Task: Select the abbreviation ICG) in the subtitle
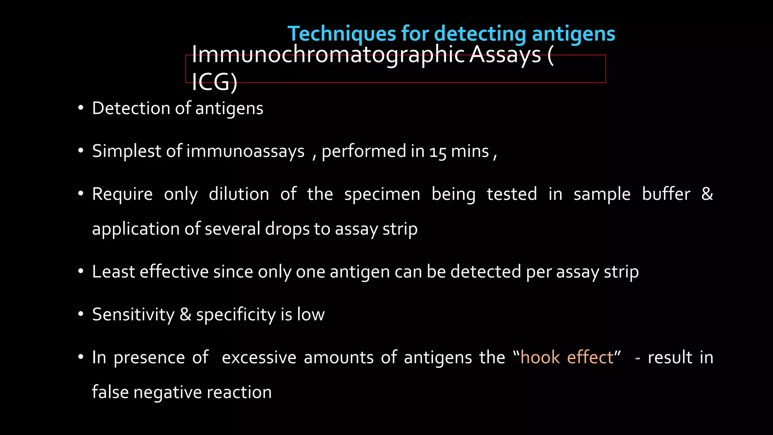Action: [x=214, y=82]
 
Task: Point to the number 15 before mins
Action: [x=437, y=152]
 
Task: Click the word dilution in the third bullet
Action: [x=239, y=194]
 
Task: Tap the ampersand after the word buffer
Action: [x=707, y=194]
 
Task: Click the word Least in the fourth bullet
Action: [x=113, y=272]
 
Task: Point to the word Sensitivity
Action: [x=133, y=315]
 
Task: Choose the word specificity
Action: [x=236, y=315]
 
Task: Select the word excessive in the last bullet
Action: [x=259, y=358]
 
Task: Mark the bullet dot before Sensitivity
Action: [x=80, y=314]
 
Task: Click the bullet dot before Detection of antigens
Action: [x=80, y=108]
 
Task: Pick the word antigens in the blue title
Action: [x=573, y=34]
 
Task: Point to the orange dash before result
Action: [x=637, y=358]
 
